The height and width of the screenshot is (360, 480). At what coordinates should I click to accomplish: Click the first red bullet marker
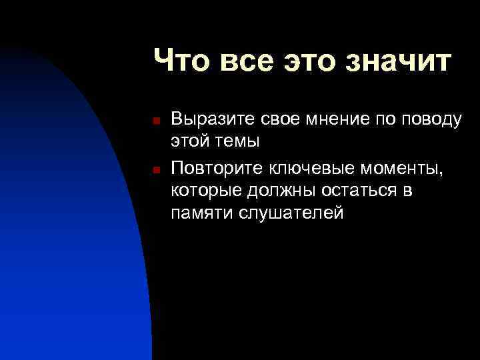[155, 121]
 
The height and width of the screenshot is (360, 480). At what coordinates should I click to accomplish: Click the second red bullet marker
[155, 169]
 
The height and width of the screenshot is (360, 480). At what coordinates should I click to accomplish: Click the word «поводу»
[434, 120]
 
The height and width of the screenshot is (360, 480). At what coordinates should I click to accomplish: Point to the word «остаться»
[355, 191]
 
